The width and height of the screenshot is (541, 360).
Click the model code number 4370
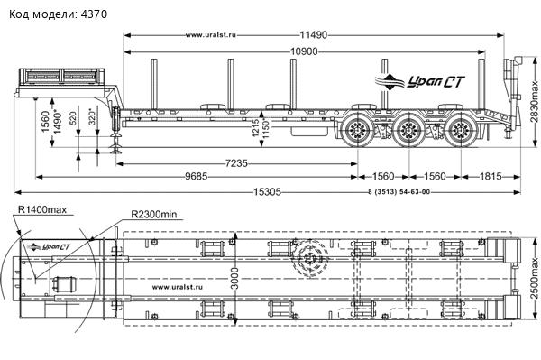pos(94,14)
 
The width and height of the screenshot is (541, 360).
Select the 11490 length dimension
pos(313,35)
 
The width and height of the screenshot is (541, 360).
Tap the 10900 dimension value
pos(304,51)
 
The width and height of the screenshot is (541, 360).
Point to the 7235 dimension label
pos(236,163)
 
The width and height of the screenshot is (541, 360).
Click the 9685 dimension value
pos(197,177)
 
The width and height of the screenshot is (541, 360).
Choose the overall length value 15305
pos(268,192)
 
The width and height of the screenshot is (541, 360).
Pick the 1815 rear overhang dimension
pos(491,177)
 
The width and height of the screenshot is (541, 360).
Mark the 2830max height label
pos(534,101)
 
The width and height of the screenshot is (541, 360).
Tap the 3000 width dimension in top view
pos(234,278)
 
